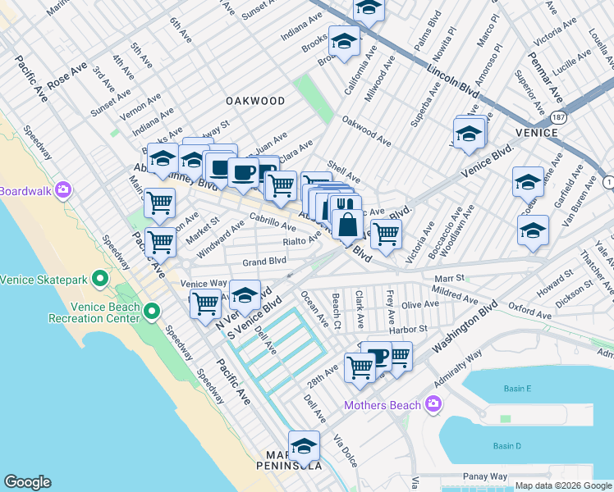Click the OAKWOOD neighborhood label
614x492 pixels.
point(256,101)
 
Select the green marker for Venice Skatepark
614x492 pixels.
point(100,280)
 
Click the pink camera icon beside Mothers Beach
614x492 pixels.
point(433,404)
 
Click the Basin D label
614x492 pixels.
point(506,446)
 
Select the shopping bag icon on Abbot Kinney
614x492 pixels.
point(348,222)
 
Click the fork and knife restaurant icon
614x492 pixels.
point(345,205)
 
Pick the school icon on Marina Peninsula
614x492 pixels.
point(304,446)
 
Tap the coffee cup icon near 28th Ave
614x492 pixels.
point(378,356)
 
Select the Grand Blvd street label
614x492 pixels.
point(263,262)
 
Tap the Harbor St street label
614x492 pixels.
point(412,329)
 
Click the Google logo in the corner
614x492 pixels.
point(27,482)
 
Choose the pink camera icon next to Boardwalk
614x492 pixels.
point(62,190)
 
